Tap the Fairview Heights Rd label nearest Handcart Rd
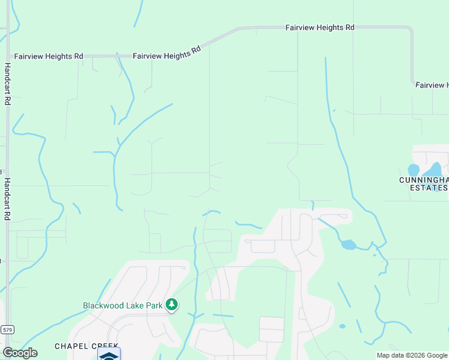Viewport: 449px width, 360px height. (49, 56)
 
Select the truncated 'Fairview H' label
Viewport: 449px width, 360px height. (432, 85)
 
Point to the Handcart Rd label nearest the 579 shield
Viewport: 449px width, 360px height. (8, 199)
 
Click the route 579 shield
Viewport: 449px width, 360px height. (7, 329)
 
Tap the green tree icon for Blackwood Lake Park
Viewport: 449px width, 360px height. (172, 305)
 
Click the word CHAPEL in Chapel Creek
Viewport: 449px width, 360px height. (71, 346)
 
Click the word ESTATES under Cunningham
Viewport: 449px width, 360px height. (429, 188)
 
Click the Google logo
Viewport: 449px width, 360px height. (20, 353)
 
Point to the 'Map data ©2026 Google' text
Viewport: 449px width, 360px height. (412, 355)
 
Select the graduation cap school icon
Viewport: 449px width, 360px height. (109, 355)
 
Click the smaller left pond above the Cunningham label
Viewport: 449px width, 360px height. (414, 170)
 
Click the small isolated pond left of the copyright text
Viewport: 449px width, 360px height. (342, 326)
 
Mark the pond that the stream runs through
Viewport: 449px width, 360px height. (348, 245)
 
